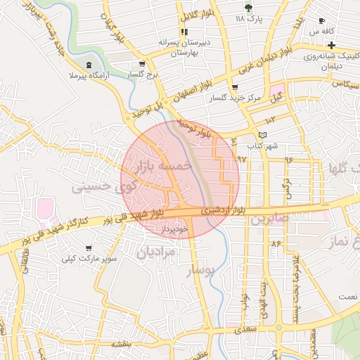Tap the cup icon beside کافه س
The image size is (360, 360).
point(322,21)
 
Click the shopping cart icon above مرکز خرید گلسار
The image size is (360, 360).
point(244,87)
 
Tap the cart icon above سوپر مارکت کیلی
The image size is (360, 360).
point(89,249)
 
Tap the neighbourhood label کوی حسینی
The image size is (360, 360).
point(103,187)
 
